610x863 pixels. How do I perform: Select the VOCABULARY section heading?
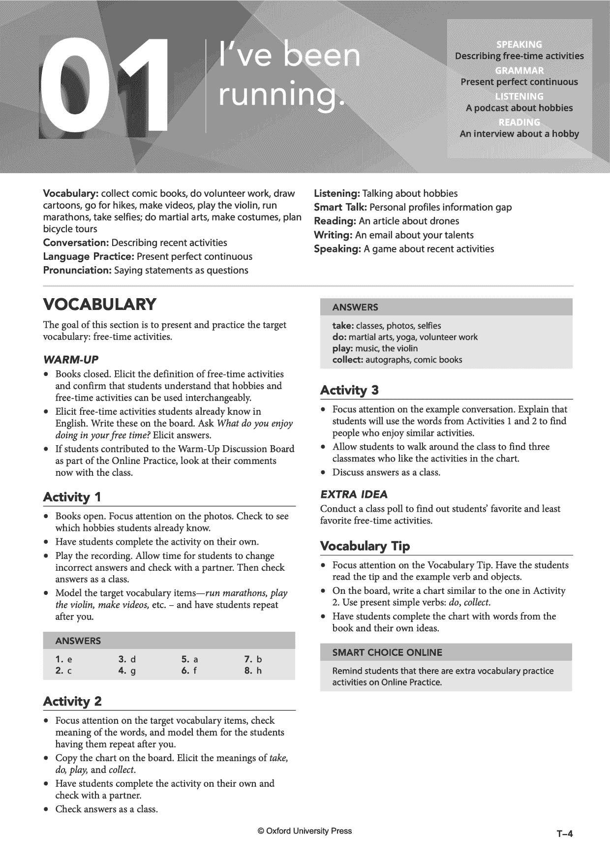pyautogui.click(x=99, y=305)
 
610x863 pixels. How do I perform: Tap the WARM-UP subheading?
pyautogui.click(x=71, y=360)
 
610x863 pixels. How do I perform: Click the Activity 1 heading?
pyautogui.click(x=72, y=497)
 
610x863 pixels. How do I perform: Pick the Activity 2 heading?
pyautogui.click(x=72, y=701)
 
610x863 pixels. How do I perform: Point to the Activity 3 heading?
pyautogui.click(x=349, y=391)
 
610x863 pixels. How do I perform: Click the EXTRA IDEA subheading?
pyautogui.click(x=354, y=494)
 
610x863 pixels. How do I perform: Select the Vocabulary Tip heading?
pyautogui.click(x=365, y=546)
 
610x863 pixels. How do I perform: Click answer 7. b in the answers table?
pyautogui.click(x=253, y=659)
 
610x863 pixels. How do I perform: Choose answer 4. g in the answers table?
pyautogui.click(x=127, y=670)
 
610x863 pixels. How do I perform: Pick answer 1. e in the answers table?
pyautogui.click(x=64, y=659)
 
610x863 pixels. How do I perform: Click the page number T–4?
pyautogui.click(x=565, y=834)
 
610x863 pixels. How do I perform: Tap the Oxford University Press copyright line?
pyautogui.click(x=305, y=831)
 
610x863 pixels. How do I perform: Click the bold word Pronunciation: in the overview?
pyautogui.click(x=77, y=270)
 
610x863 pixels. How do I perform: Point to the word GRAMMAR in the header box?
pyautogui.click(x=519, y=70)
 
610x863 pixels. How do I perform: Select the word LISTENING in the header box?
pyautogui.click(x=519, y=96)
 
